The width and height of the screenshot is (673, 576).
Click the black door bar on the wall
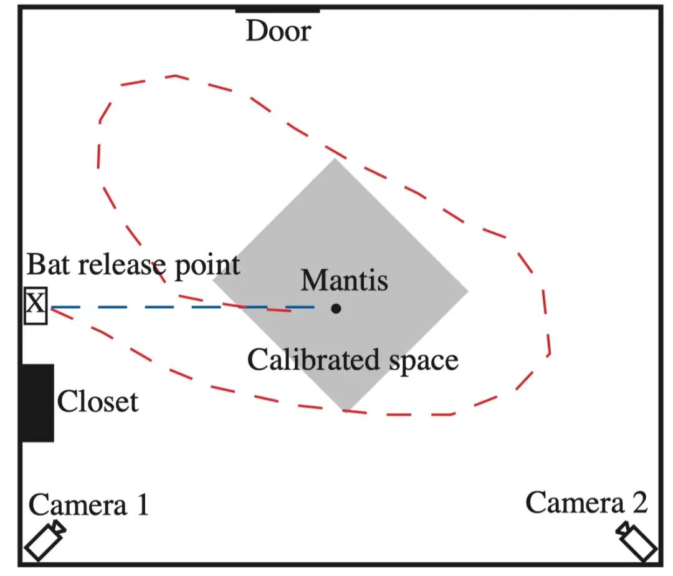click(278, 10)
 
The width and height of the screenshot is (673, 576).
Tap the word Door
click(279, 31)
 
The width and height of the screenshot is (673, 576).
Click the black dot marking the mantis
click(336, 309)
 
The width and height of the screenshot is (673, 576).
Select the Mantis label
click(344, 281)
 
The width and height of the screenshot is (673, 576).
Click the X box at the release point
click(36, 305)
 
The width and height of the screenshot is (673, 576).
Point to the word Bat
click(48, 264)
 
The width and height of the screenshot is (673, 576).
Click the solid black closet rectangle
click(38, 403)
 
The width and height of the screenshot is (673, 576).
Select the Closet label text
click(98, 402)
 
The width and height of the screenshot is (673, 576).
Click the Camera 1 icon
click(45, 540)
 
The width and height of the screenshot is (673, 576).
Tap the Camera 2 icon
click(636, 541)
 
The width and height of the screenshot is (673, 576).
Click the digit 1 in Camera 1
click(143, 504)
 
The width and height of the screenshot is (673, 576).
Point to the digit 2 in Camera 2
click(640, 502)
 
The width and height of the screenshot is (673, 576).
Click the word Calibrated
click(313, 360)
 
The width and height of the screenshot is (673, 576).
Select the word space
click(424, 362)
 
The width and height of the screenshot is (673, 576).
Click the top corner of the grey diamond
click(335, 159)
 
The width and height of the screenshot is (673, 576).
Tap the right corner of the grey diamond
click(468, 291)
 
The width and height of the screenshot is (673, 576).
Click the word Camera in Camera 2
click(575, 502)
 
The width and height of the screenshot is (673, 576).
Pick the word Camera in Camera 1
click(78, 505)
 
